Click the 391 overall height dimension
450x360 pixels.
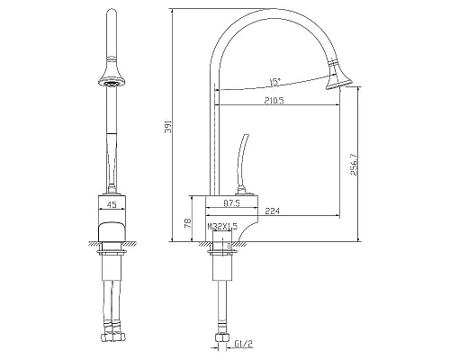point(168,127)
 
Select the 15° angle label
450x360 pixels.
point(274,82)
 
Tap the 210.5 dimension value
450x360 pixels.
point(274,101)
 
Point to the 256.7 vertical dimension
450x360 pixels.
point(354,164)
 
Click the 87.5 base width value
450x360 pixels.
point(231,203)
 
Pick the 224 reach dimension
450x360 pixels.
point(273,211)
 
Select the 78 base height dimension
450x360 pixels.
point(187,223)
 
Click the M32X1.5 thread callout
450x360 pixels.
point(222,227)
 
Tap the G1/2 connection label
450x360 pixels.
point(244,344)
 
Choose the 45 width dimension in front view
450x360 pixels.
point(112,205)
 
